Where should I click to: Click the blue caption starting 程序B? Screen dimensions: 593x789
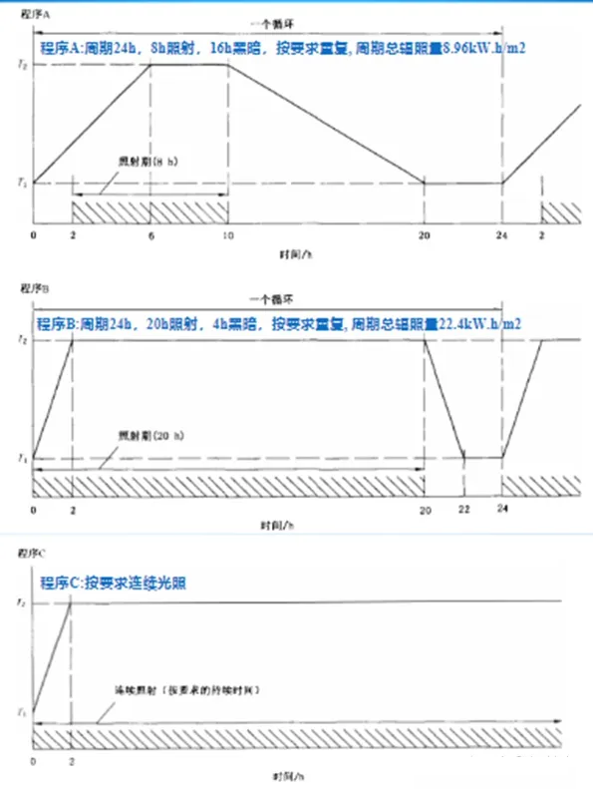(281, 324)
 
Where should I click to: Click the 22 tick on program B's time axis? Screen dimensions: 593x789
(464, 509)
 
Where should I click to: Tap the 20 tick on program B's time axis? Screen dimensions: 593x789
(425, 509)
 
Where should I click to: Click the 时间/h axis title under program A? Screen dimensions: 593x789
(296, 255)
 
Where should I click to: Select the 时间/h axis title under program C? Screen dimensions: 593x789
(278, 775)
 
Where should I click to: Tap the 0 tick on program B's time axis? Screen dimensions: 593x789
(33, 509)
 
